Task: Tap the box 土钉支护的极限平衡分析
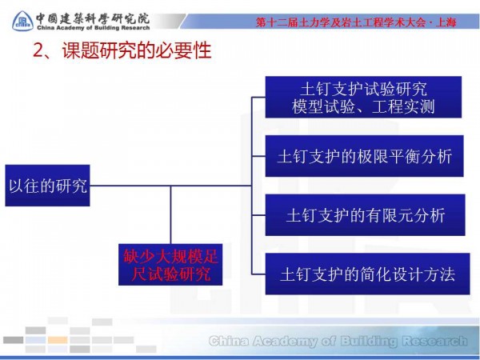tap(363, 157)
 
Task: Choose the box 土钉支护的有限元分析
tap(363, 215)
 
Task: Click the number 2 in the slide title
tap(36, 52)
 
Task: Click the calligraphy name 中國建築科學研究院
tap(93, 14)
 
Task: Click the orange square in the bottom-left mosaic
tap(58, 339)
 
